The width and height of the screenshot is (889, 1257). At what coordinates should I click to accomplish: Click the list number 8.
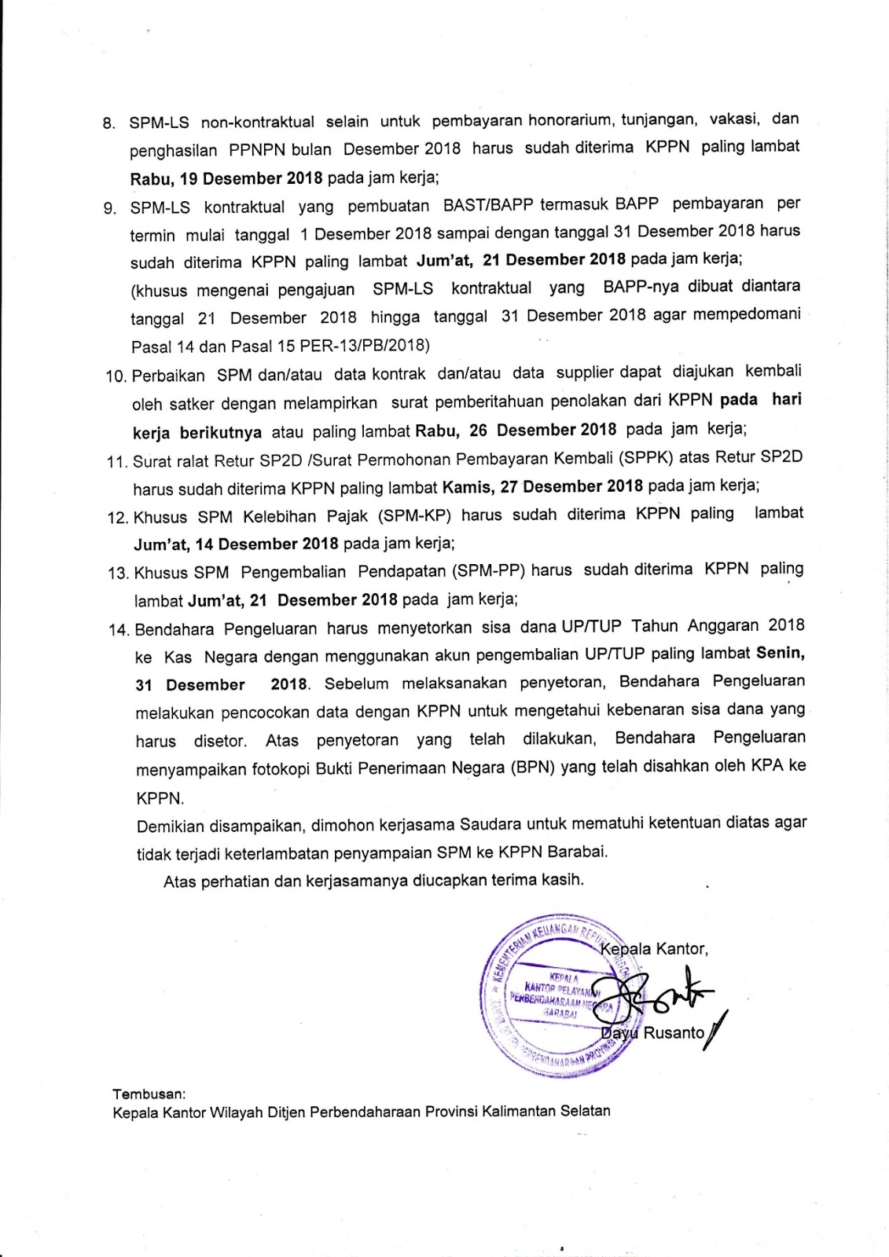(x=109, y=124)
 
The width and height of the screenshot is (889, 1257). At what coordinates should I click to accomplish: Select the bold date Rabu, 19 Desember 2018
(x=226, y=178)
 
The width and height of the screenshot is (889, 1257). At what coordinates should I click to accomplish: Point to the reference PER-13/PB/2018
(x=365, y=345)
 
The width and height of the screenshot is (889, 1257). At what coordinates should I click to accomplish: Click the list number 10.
(x=116, y=376)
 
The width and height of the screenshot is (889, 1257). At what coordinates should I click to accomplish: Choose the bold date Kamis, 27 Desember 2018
(x=542, y=486)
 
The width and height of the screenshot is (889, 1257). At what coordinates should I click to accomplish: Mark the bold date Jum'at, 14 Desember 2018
(x=236, y=544)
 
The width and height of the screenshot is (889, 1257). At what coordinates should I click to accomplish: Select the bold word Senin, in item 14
(x=780, y=653)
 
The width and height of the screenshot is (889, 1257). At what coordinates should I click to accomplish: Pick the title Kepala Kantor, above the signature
(x=654, y=949)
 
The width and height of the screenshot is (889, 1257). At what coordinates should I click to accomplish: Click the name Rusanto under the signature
(x=674, y=1033)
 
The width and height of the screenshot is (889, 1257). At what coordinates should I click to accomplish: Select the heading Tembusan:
(x=149, y=1093)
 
